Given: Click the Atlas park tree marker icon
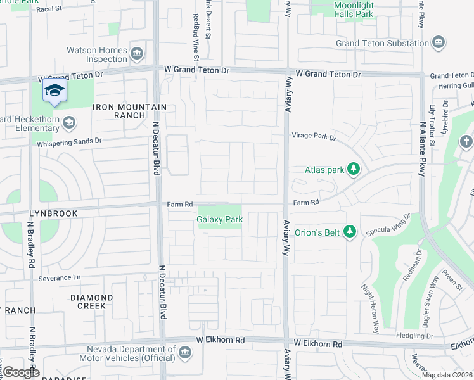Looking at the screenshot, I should tap(354, 170).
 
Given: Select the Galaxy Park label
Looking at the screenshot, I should tap(219, 219).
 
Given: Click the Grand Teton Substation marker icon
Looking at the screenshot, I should tap(438, 43).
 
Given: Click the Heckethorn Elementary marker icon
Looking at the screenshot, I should tap(69, 122).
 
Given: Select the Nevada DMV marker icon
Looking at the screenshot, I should tap(185, 352).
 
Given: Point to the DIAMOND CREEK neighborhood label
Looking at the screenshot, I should tap(92, 301).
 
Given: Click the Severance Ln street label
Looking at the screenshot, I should tap(60, 278).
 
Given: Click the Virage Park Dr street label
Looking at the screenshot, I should tap(314, 136).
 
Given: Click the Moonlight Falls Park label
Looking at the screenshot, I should tap(362, 9).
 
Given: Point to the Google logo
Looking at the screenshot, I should tap(21, 372).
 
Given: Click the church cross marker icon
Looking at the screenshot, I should tap(466, 141).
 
